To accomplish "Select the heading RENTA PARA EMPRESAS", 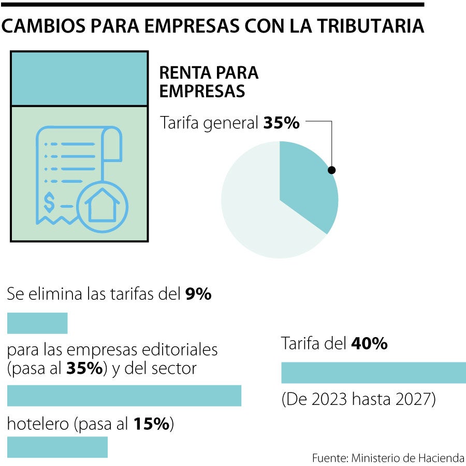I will (x=209, y=82).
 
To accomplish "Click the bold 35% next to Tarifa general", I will (x=281, y=123).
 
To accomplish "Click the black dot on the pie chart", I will (x=332, y=170).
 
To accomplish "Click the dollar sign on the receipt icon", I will (x=49, y=202).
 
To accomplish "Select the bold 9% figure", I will (x=198, y=295).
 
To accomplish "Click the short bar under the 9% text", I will (x=37, y=323).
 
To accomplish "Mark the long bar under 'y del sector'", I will (x=124, y=396).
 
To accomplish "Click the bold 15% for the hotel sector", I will (x=152, y=425).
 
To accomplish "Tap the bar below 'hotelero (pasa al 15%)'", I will (x=57, y=447).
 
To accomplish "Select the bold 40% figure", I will (x=369, y=343).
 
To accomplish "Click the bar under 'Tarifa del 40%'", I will (x=373, y=373).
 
